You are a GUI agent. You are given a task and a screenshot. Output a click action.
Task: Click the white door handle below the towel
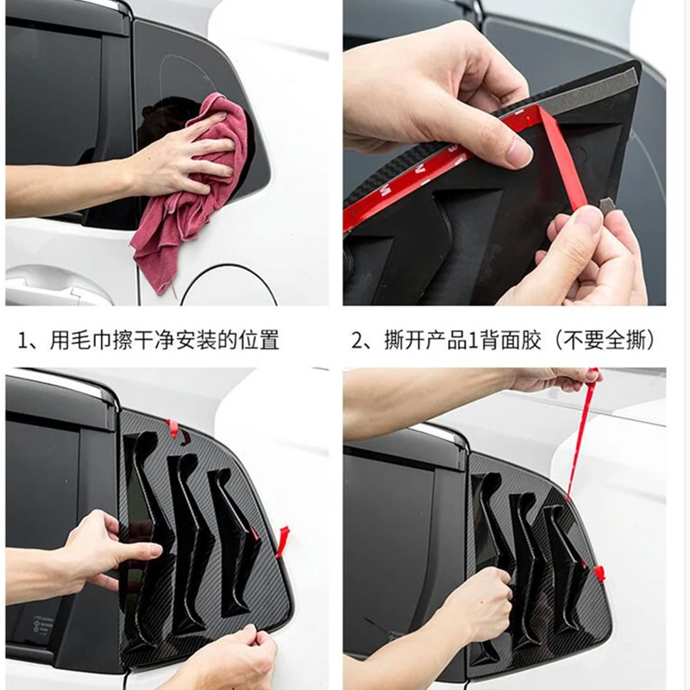tap(57, 286)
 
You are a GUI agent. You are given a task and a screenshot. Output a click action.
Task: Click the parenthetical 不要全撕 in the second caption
tap(605, 341)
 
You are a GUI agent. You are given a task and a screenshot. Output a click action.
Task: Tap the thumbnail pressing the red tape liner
tap(518, 152)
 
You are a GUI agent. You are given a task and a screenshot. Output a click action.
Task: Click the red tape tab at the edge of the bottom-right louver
tap(599, 573)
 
